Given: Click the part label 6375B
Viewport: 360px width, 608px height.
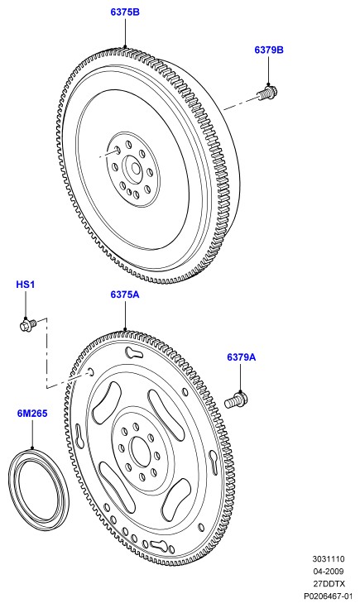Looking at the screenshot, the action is pos(125,12).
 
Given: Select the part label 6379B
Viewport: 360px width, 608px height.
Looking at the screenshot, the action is pos(269,50).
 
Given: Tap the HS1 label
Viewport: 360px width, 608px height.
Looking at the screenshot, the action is pos(25,285).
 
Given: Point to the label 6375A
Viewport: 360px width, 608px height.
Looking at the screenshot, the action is pos(125,294).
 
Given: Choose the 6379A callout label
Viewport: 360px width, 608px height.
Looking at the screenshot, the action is pos(242,357).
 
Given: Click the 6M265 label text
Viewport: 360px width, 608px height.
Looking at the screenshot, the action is pos(32,414).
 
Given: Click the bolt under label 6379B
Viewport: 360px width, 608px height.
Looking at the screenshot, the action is pos(267,93).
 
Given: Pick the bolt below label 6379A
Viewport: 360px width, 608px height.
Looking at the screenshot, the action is pos(236,400).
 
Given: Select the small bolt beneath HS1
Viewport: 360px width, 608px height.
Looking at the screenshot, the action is pos(28,323).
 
